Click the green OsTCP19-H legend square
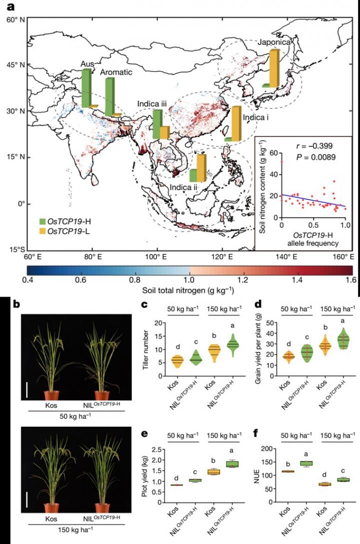pyautogui.click(x=43, y=220)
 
